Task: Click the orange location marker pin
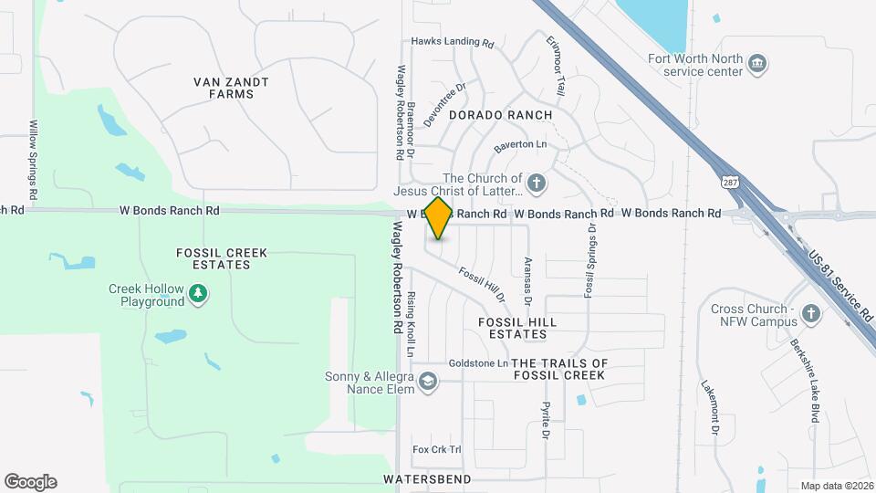439,217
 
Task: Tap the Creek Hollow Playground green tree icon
198,294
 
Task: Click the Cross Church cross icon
810,315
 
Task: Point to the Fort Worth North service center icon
756,64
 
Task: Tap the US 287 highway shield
729,182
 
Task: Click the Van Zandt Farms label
232,88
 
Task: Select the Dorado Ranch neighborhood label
501,115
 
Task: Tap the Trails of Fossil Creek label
558,369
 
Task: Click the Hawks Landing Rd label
452,42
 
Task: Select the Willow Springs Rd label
32,161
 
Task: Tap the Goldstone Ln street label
478,363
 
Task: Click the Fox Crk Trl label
437,449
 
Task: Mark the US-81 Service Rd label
840,287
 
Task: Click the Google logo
30,482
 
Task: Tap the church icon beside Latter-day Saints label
537,183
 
